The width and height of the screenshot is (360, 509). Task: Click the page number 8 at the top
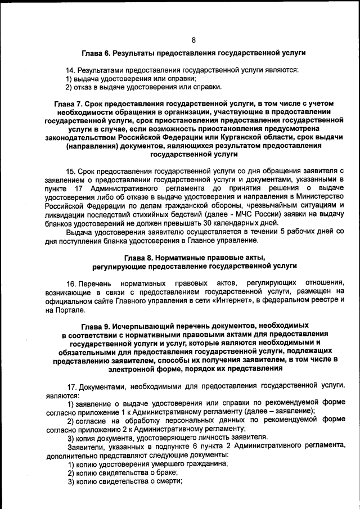coord(193,40)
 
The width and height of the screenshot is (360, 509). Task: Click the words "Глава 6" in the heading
coord(96,53)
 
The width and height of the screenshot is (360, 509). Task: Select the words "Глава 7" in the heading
coord(68,103)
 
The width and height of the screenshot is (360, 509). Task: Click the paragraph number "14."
coord(71,70)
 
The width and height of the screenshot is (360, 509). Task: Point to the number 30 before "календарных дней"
coord(191,222)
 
